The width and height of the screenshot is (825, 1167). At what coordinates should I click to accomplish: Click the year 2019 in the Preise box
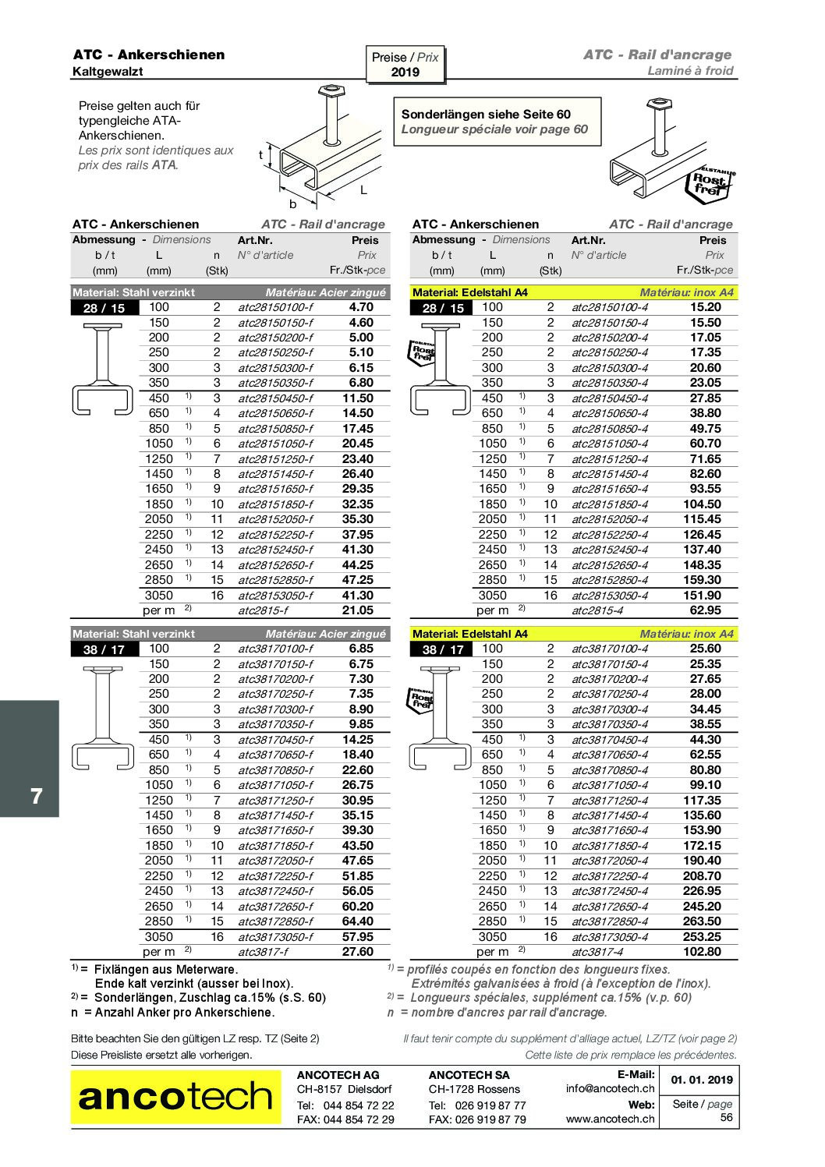pos(405,72)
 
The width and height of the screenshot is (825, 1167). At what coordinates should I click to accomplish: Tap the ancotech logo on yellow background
pos(175,1097)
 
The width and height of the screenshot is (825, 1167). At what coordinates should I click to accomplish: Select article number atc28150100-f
pos(275,308)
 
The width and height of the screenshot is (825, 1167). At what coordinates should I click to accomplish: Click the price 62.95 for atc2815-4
pos(705,610)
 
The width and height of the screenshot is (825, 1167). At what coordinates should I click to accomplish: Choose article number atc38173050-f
pos(275,937)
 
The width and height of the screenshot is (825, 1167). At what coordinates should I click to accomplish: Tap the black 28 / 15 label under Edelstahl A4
pos(442,308)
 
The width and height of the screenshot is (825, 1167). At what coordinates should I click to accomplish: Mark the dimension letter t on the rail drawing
pos(260,154)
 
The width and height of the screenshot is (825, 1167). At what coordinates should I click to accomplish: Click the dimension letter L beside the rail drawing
pos(363,190)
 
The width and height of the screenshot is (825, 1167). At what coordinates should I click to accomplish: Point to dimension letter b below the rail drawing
pos(293,204)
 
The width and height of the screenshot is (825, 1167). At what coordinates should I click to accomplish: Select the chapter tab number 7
pos(36,797)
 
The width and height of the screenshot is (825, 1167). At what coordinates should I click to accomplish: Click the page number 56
pos(726,1118)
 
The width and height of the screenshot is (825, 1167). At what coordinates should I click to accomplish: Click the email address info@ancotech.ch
pos(610,1088)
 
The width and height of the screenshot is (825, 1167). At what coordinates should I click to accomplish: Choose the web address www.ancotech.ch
pos(610,1119)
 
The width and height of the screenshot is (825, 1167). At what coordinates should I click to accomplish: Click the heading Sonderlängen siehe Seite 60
pos(485,114)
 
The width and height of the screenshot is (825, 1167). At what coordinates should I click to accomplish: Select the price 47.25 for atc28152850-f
pos(358,580)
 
